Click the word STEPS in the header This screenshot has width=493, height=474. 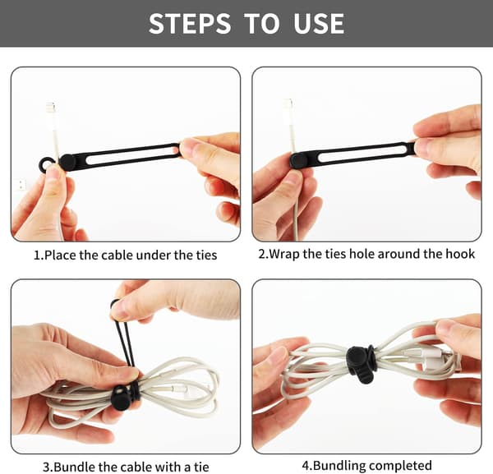(x=190, y=24)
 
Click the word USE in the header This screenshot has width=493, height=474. (x=319, y=24)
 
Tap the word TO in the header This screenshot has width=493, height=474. (x=261, y=24)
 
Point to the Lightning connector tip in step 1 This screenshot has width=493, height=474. (x=51, y=108)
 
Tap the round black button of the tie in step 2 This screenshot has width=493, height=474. (x=297, y=160)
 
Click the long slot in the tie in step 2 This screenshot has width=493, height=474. (x=362, y=154)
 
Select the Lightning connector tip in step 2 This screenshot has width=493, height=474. (x=288, y=106)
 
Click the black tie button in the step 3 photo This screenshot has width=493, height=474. (x=120, y=398)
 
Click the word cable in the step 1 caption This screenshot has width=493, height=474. (x=117, y=255)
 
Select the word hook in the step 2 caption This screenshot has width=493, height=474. (x=461, y=254)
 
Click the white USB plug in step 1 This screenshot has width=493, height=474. (x=21, y=184)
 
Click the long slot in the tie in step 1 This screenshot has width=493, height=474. (x=132, y=154)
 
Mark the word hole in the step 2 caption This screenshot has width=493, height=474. (x=362, y=254)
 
